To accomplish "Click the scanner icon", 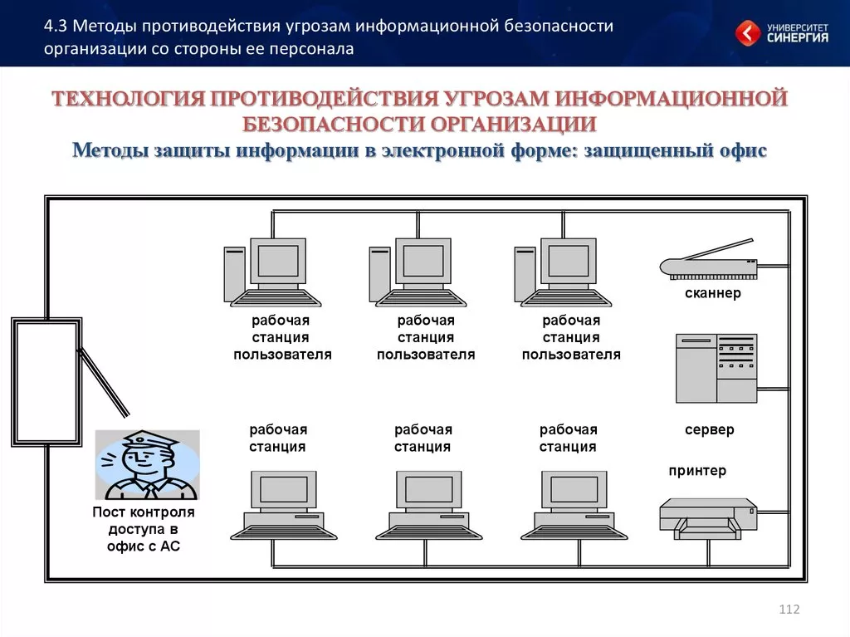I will (x=708, y=262).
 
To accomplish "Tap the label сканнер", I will (x=712, y=293).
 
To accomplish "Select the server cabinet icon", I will (x=716, y=368).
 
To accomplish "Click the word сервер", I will (x=709, y=430).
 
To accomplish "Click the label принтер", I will (x=697, y=471).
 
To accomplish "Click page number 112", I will (x=789, y=610).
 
